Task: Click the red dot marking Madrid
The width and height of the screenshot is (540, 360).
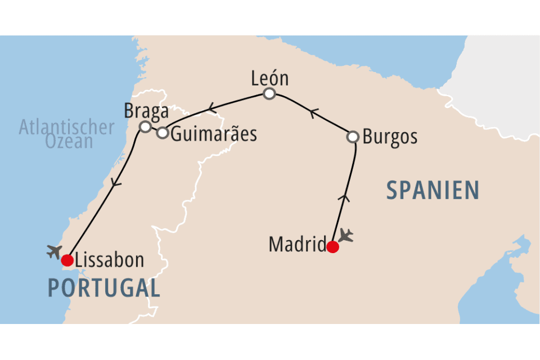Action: pyautogui.click(x=332, y=247)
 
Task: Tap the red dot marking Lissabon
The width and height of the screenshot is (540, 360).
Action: pyautogui.click(x=67, y=260)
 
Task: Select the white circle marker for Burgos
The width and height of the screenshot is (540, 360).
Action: pyautogui.click(x=353, y=137)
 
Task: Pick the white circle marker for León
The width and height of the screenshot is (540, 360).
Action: pyautogui.click(x=269, y=93)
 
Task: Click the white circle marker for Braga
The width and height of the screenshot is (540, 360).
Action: pyautogui.click(x=145, y=127)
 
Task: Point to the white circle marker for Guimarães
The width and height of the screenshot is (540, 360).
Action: pyautogui.click(x=162, y=133)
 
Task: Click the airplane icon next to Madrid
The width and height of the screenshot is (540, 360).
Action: pyautogui.click(x=346, y=235)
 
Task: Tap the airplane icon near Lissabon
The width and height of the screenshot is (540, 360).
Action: pyautogui.click(x=55, y=251)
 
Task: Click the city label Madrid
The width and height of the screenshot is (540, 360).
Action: pyautogui.click(x=298, y=245)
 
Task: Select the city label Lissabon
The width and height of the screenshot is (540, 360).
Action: pyautogui.click(x=110, y=260)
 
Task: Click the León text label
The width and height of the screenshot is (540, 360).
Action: pyautogui.click(x=269, y=79)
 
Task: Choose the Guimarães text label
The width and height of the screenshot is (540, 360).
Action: pyautogui.click(x=214, y=134)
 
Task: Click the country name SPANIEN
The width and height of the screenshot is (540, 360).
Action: pyautogui.click(x=432, y=191)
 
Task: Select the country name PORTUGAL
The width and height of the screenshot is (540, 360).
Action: pyautogui.click(x=103, y=287)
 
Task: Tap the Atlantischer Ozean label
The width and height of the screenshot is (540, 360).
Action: pyautogui.click(x=66, y=134)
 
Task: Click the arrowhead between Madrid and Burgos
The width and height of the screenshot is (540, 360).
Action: pyautogui.click(x=345, y=196)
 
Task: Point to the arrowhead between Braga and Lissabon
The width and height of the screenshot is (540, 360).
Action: pyautogui.click(x=116, y=183)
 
